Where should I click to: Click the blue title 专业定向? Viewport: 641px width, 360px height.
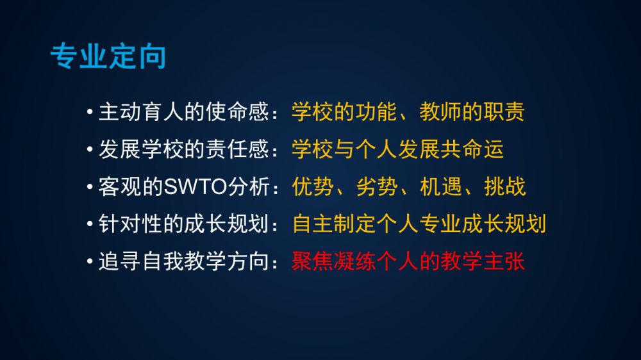pos(108,56)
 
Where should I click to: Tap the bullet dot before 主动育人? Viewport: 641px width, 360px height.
pos(90,111)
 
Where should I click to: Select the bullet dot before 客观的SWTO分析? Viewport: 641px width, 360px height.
pos(90,187)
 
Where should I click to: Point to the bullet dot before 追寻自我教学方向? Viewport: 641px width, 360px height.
pos(90,261)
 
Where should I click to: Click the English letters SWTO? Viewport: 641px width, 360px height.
pos(196,187)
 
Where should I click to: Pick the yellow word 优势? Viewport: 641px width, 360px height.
pos(313,187)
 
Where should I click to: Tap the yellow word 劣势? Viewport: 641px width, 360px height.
pos(376,187)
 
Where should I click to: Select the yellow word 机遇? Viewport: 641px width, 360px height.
pos(441,187)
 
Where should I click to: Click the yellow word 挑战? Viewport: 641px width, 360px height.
pos(505,187)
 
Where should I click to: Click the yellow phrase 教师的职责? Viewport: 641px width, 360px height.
pos(472,111)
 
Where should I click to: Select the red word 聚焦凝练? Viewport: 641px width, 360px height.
pos(333,261)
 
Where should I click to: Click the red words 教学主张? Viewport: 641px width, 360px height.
pos(483,261)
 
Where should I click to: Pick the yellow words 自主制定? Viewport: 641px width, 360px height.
pos(333,224)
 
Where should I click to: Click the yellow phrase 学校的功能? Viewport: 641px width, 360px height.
pos(344,111)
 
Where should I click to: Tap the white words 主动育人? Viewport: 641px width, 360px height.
pos(140,111)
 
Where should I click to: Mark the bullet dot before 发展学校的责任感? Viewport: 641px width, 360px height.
pos(90,149)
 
